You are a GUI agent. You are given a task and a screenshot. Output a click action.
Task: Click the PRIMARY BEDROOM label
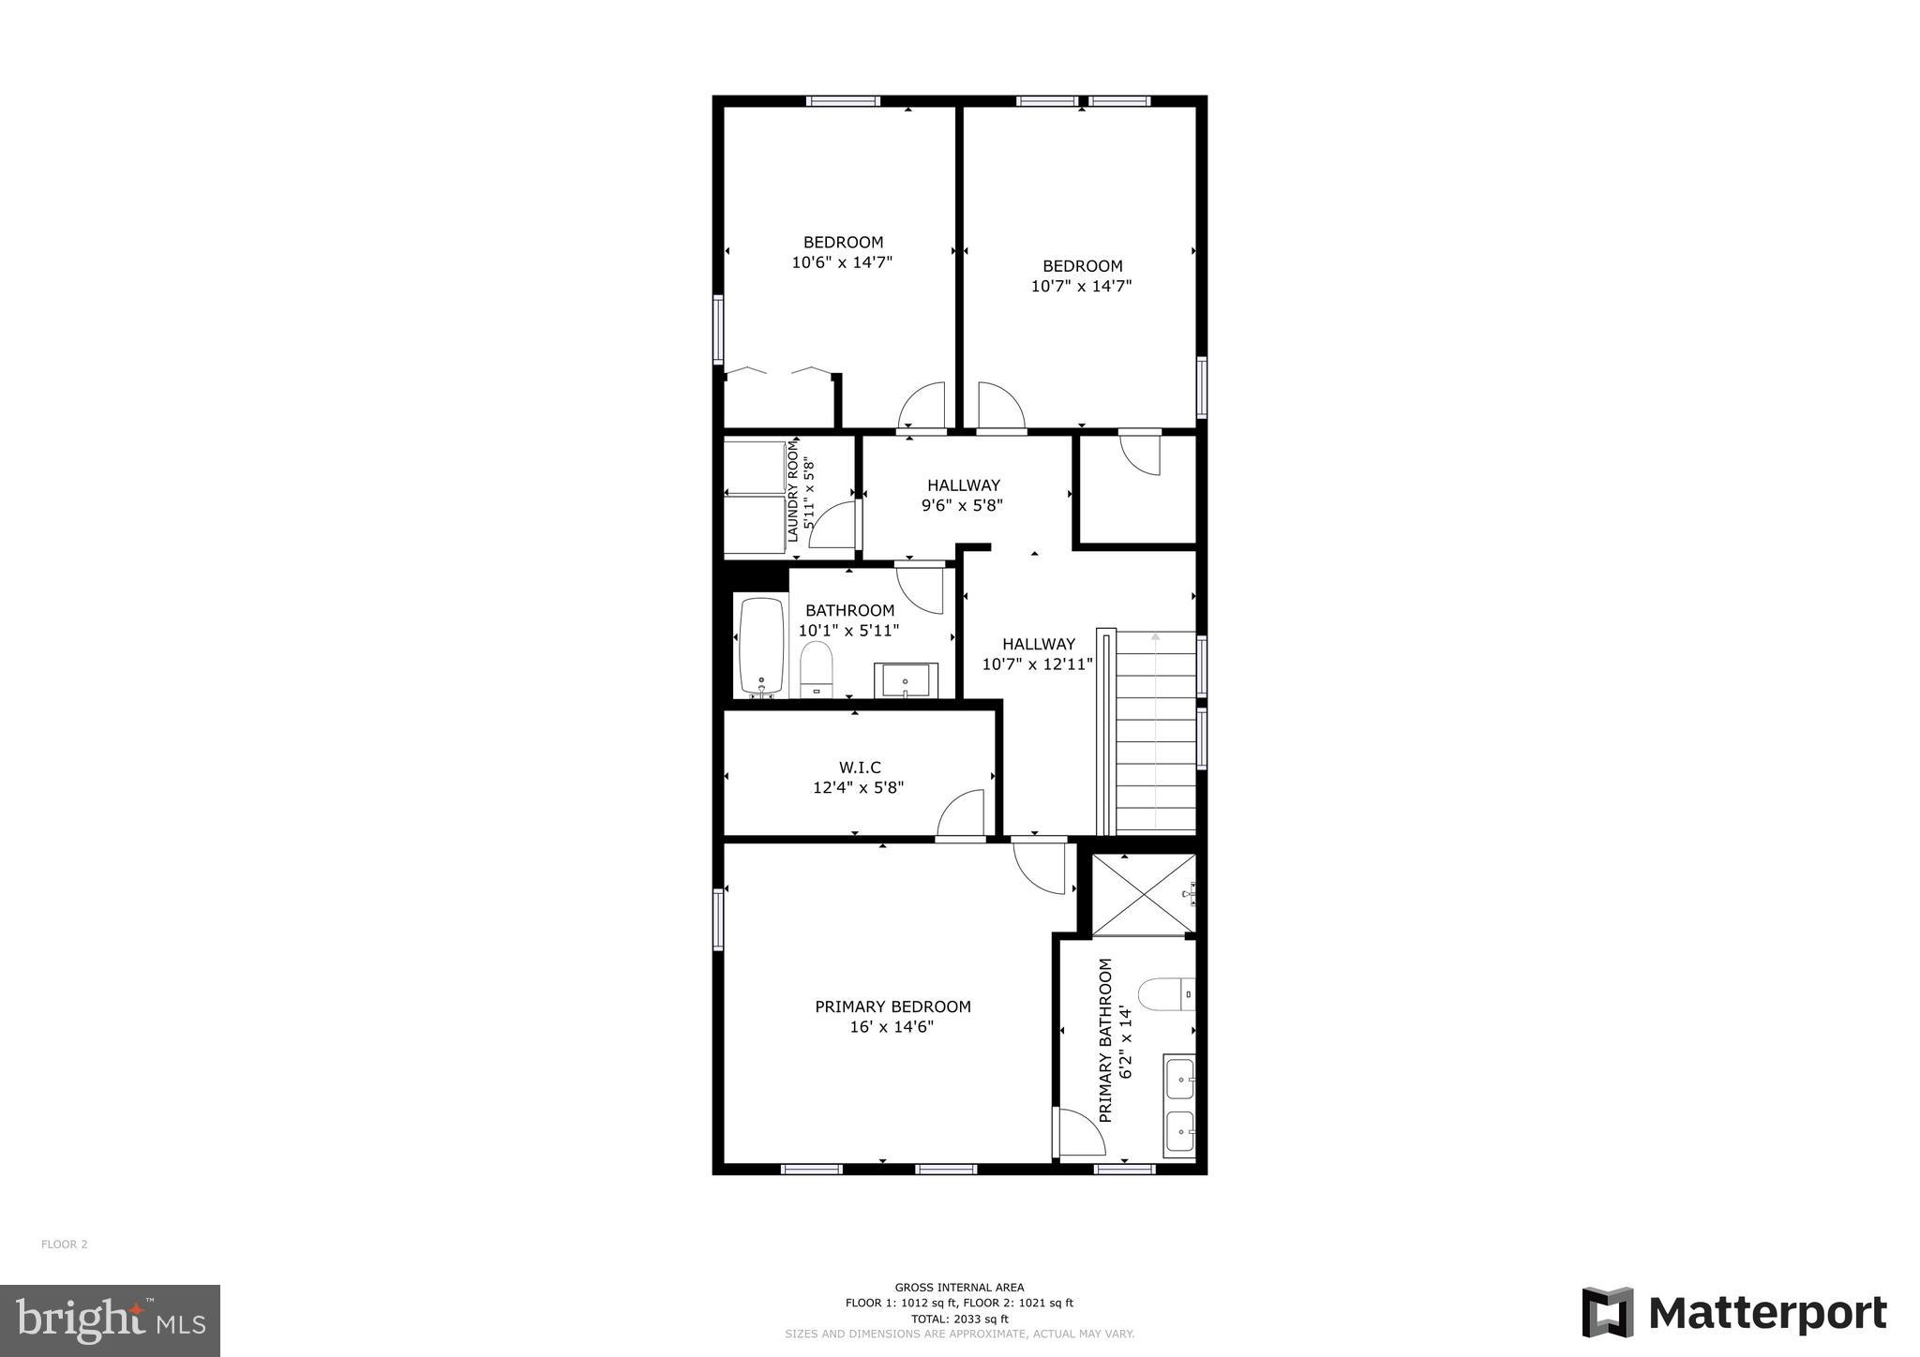pyautogui.click(x=892, y=1007)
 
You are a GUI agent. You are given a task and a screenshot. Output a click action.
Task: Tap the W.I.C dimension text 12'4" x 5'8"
pyautogui.click(x=858, y=788)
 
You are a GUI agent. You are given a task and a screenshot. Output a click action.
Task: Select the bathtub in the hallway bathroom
pyautogui.click(x=761, y=647)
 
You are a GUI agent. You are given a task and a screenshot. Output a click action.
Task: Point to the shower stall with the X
pyautogui.click(x=1144, y=894)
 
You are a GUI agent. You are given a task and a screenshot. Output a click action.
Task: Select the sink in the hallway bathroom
pyautogui.click(x=906, y=679)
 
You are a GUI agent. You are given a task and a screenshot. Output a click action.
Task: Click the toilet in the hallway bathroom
pyautogui.click(x=817, y=668)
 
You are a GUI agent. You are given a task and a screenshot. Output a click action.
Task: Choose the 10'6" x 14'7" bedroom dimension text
pyautogui.click(x=842, y=262)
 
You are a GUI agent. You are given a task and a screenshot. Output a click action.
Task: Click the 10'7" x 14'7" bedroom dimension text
pyautogui.click(x=1081, y=286)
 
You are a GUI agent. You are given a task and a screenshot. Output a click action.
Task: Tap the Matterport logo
pyautogui.click(x=1733, y=1313)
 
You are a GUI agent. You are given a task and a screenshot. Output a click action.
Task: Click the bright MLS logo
pyautogui.click(x=110, y=1320)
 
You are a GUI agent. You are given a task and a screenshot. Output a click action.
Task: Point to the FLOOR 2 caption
pyautogui.click(x=65, y=1245)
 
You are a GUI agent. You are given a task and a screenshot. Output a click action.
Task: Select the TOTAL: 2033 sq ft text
pyautogui.click(x=959, y=1319)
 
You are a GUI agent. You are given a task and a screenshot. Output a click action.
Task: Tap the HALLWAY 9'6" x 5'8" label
pyautogui.click(x=963, y=495)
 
